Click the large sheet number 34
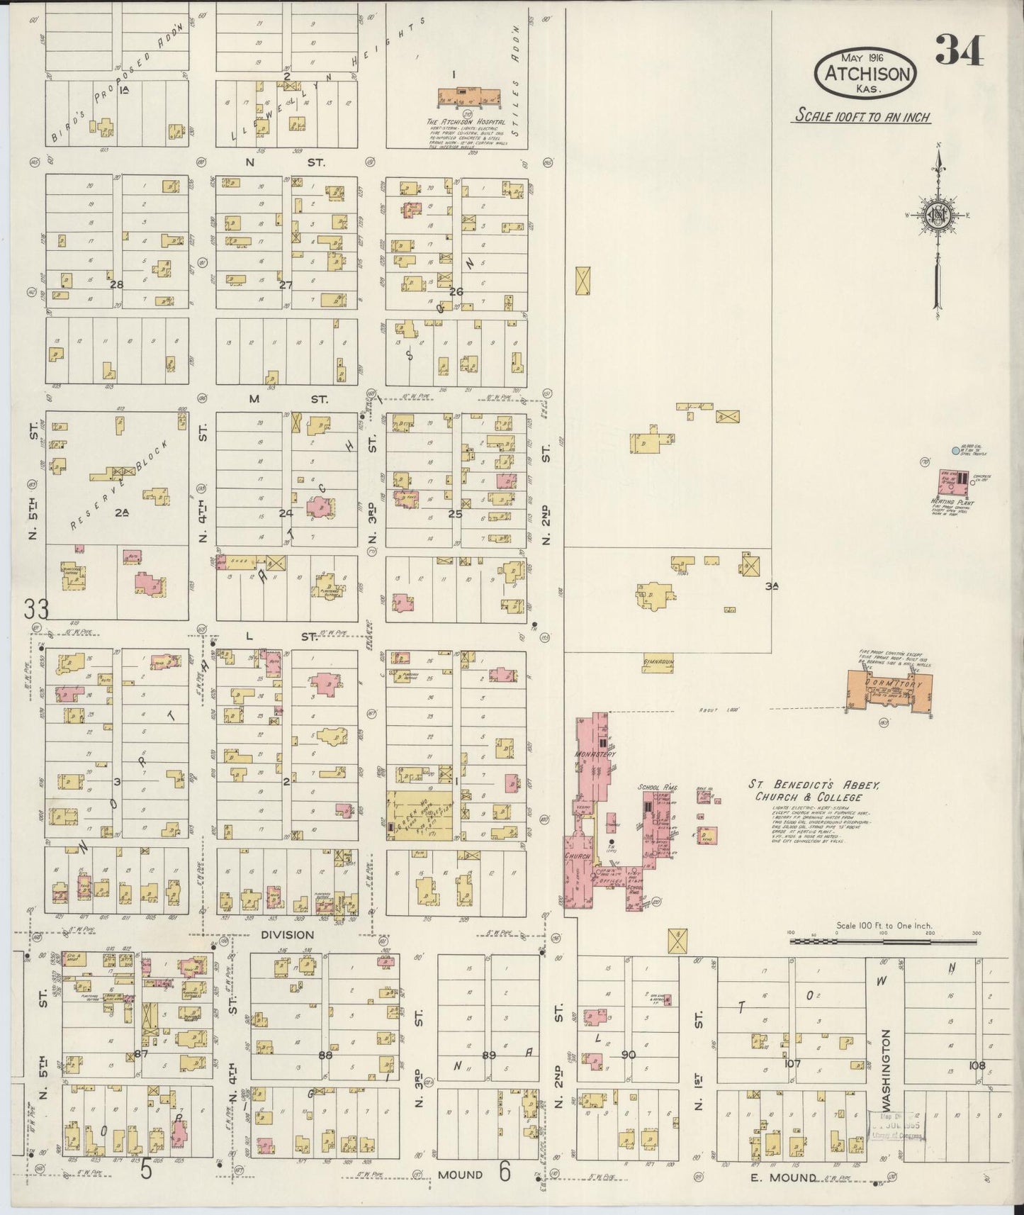point(959,51)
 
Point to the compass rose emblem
point(937,215)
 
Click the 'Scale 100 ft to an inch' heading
point(861,117)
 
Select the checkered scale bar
point(860,941)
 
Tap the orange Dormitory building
point(891,687)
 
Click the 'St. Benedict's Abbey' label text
point(815,785)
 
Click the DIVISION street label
point(287,934)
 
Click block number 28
point(116,285)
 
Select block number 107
point(792,1064)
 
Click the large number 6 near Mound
point(504,1172)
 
